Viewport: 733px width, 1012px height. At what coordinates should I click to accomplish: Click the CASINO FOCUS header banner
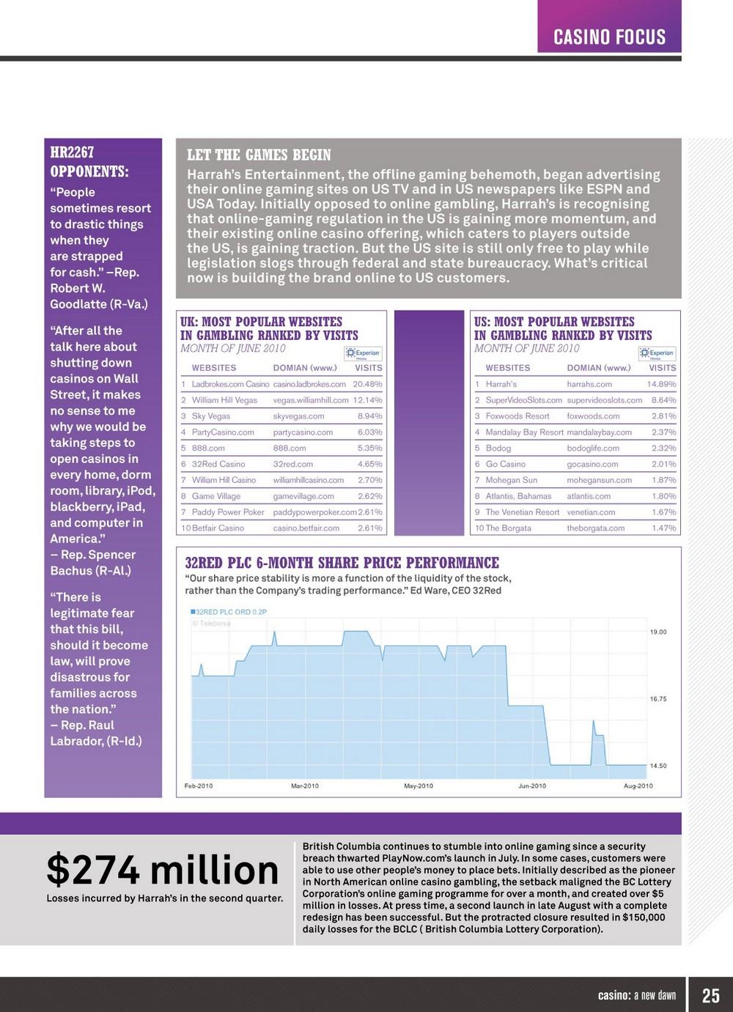pyautogui.click(x=609, y=37)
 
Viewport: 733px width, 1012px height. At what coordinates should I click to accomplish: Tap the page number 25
pyautogui.click(x=710, y=995)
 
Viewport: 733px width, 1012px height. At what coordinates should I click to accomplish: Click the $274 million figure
pyautogui.click(x=162, y=870)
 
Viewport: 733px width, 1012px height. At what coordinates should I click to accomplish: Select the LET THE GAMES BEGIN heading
pyautogui.click(x=259, y=155)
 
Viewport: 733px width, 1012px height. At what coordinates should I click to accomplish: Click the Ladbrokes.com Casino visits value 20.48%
pyautogui.click(x=367, y=384)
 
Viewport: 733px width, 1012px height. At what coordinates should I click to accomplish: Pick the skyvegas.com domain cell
pyautogui.click(x=298, y=416)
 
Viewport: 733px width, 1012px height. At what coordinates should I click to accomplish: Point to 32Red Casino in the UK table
pyautogui.click(x=218, y=464)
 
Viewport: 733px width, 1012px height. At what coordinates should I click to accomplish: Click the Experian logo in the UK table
pyautogui.click(x=364, y=353)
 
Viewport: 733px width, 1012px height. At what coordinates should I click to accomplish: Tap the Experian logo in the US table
pyautogui.click(x=658, y=353)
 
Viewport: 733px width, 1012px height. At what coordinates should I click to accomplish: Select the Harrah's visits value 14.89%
pyautogui.click(x=661, y=384)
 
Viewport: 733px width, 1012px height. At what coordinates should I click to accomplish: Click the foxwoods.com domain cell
pyautogui.click(x=593, y=416)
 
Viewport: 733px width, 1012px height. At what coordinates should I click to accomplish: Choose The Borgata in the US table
pyautogui.click(x=508, y=528)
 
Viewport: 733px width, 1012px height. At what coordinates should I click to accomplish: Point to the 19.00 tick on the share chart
pyautogui.click(x=658, y=632)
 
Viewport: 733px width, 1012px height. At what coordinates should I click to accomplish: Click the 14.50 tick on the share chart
pyautogui.click(x=658, y=766)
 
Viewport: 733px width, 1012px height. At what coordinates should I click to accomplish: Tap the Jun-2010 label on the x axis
pyautogui.click(x=532, y=786)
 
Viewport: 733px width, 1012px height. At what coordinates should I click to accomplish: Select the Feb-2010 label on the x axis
pyautogui.click(x=199, y=786)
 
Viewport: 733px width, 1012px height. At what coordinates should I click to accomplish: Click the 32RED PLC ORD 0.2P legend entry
pyautogui.click(x=229, y=612)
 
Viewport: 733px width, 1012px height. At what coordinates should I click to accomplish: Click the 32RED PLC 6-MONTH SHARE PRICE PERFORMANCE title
pyautogui.click(x=342, y=563)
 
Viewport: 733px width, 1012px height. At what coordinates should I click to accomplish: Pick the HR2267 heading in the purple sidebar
pyautogui.click(x=73, y=152)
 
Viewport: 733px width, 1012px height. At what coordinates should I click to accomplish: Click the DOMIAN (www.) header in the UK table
pyautogui.click(x=305, y=368)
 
